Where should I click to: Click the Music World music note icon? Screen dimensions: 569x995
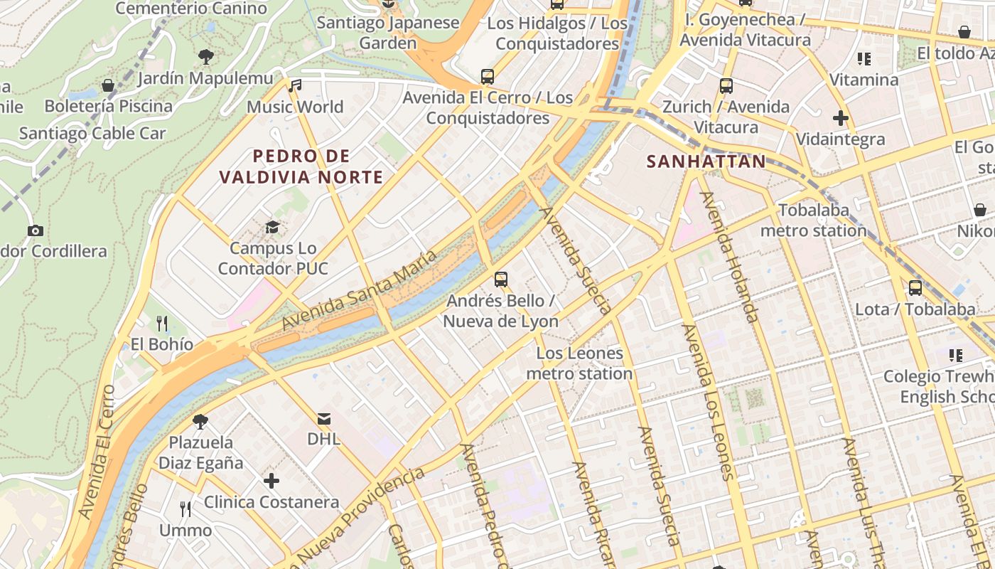[x=295, y=86]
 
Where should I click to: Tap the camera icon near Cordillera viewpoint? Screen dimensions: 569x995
[x=35, y=230]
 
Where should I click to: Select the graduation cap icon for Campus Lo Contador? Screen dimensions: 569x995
[x=272, y=228]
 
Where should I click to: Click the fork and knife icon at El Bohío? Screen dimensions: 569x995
[x=162, y=324]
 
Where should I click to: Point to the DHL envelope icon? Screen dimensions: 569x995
[x=324, y=418]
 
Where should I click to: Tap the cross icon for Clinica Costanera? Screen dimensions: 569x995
[x=271, y=482]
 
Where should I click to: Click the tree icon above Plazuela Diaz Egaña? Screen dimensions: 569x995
[x=200, y=421]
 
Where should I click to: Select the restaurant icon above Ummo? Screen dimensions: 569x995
[x=185, y=509]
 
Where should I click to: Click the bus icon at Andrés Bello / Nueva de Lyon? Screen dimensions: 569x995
[x=501, y=280]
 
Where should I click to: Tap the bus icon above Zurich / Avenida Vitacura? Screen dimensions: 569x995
[x=726, y=86]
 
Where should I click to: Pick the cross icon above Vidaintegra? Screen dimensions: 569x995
[x=841, y=118]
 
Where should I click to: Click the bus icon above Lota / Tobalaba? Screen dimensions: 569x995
[x=915, y=288]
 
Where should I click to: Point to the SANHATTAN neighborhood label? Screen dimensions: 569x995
[x=706, y=161]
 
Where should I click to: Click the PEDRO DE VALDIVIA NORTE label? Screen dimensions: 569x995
[x=301, y=166]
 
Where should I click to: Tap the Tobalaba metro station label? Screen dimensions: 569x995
[x=814, y=220]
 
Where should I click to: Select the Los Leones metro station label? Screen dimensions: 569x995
[x=579, y=363]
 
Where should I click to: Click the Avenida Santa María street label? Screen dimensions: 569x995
[x=358, y=290]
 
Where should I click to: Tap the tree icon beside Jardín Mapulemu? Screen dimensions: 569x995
[x=206, y=56]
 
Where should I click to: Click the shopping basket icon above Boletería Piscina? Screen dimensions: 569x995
[x=108, y=86]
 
